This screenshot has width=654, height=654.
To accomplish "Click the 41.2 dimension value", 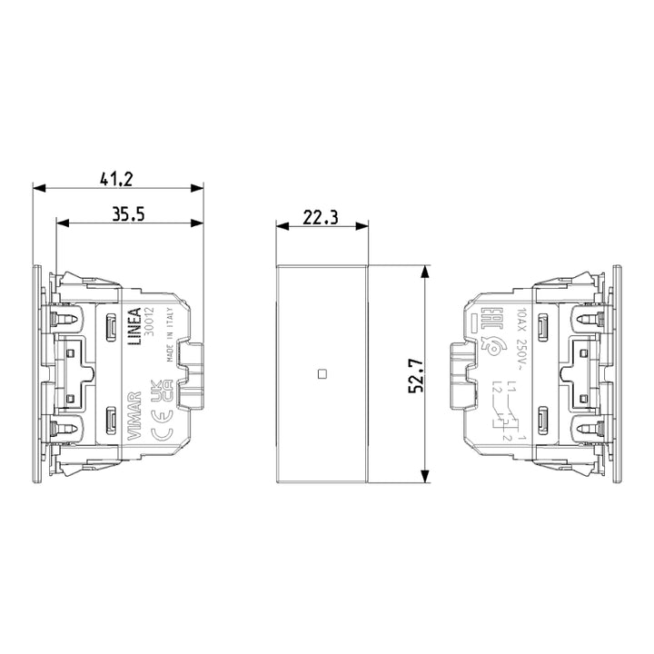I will [x=118, y=178].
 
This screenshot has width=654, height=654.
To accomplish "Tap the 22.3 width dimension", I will [x=321, y=217].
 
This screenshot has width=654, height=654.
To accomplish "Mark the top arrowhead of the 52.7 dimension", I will [x=424, y=271].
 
